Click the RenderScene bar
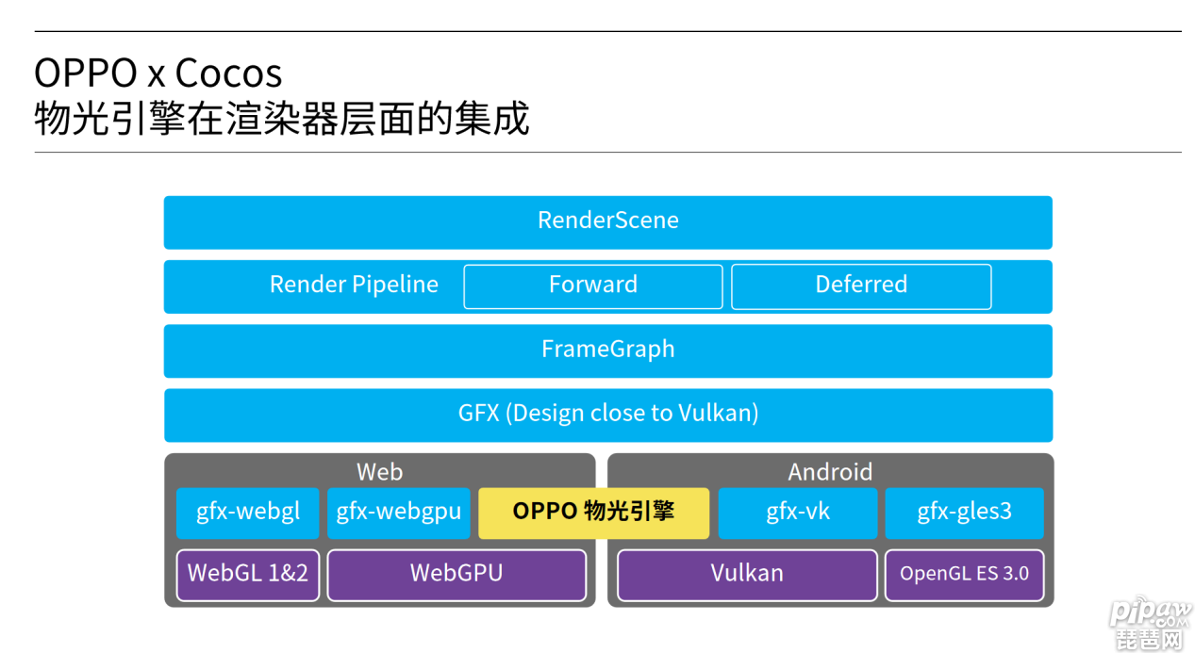[607, 222]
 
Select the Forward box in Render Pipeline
[593, 286]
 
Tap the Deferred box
[861, 286]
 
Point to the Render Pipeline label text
[354, 285]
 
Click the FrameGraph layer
[607, 351]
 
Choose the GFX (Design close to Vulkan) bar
[608, 416]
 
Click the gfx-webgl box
[247, 513]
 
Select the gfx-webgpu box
[399, 513]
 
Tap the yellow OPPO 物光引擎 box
[594, 513]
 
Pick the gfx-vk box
[798, 513]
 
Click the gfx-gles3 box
[965, 513]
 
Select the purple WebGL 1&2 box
[247, 575]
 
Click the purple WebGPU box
[456, 575]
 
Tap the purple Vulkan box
[747, 575]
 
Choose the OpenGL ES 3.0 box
[965, 575]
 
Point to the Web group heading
[379, 472]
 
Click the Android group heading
[830, 472]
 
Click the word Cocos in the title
[228, 73]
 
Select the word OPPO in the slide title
[86, 73]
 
